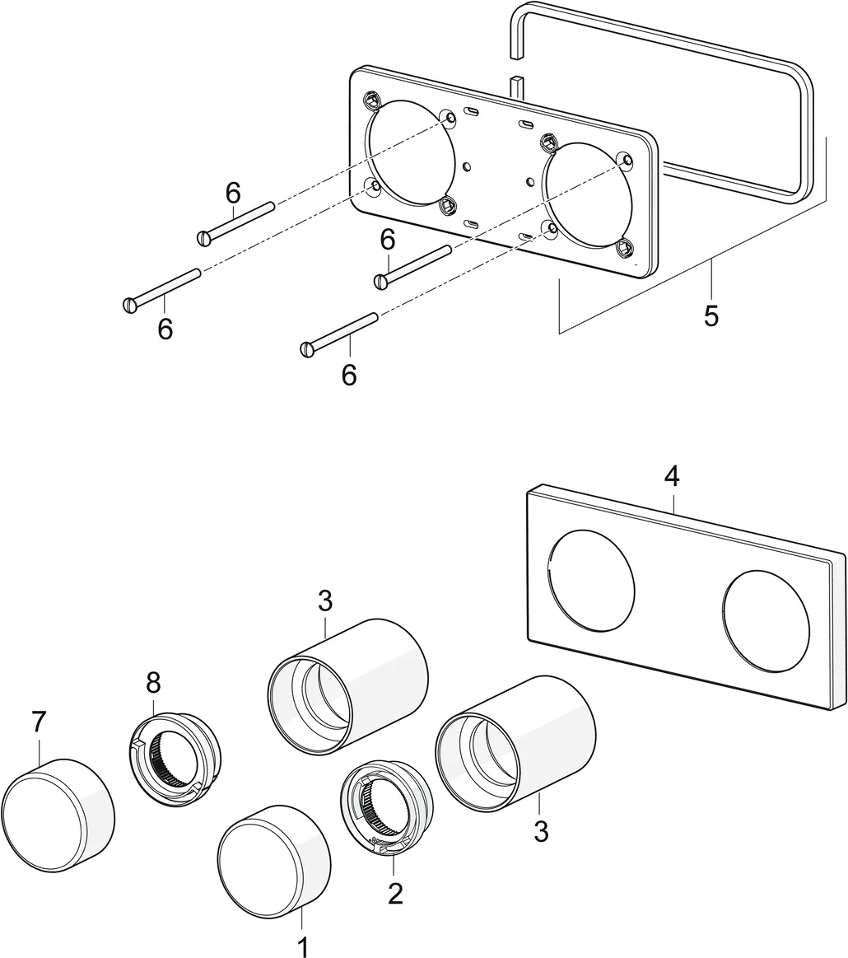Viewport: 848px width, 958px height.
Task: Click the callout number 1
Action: pos(303,946)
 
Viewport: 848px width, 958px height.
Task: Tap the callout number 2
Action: pos(395,894)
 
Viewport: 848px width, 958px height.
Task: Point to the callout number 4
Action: pos(673,476)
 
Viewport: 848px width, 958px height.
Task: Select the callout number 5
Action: pos(711,315)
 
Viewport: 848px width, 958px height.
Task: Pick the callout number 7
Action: pos(39,722)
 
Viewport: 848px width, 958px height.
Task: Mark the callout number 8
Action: pos(153,682)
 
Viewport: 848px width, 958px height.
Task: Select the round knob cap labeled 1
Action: pos(272,862)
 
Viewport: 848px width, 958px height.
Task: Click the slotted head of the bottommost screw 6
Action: pos(308,349)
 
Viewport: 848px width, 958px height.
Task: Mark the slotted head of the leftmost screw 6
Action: pos(128,305)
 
